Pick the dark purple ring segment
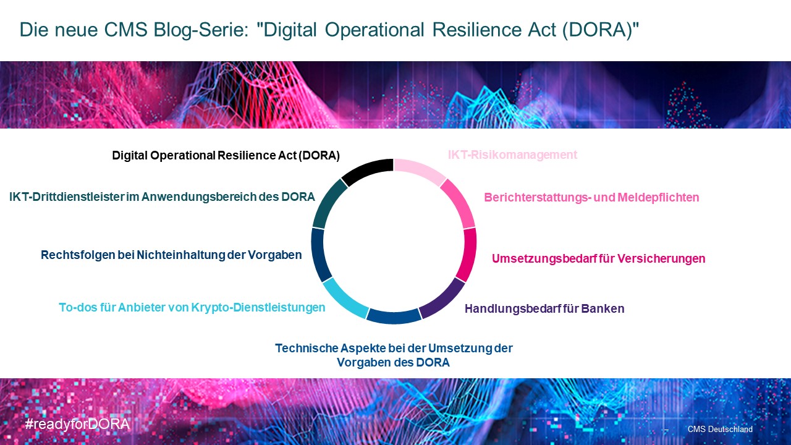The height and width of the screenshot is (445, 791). click(444, 300)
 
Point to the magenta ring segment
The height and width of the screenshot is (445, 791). click(467, 254)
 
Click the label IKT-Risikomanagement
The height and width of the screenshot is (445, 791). click(512, 155)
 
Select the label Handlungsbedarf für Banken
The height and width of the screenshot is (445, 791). click(544, 308)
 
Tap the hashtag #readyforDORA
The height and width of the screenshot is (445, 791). click(77, 424)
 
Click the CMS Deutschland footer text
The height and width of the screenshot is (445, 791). click(720, 429)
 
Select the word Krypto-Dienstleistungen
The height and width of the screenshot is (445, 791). click(258, 307)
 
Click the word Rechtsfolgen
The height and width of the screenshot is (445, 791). click(78, 255)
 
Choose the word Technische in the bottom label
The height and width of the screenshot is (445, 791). click(307, 348)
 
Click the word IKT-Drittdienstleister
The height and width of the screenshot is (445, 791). click(66, 197)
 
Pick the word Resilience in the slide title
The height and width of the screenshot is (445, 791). click(476, 29)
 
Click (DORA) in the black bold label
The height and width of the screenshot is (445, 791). click(319, 155)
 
